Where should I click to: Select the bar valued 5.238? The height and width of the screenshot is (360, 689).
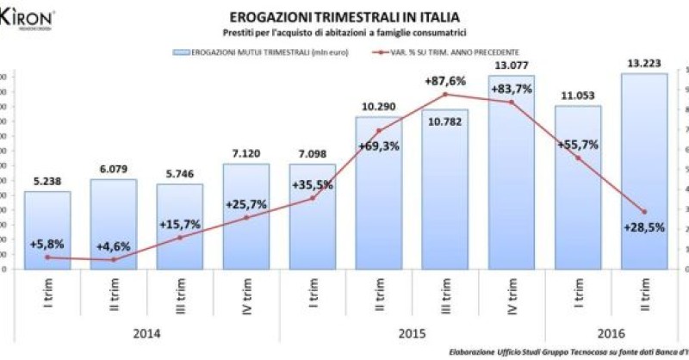[47, 230]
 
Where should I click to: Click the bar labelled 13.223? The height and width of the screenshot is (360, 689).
[644, 172]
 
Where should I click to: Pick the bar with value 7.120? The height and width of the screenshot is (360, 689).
[246, 216]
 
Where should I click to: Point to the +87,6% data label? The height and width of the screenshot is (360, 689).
[445, 82]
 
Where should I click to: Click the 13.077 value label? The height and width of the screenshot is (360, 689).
[512, 66]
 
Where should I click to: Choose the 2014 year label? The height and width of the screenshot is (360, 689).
[146, 332]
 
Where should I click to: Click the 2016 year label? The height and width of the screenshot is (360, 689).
[611, 332]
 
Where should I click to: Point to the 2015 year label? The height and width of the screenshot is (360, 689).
[412, 332]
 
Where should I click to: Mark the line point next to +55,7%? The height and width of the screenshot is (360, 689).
[578, 158]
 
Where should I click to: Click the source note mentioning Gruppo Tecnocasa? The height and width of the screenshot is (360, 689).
[568, 351]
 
